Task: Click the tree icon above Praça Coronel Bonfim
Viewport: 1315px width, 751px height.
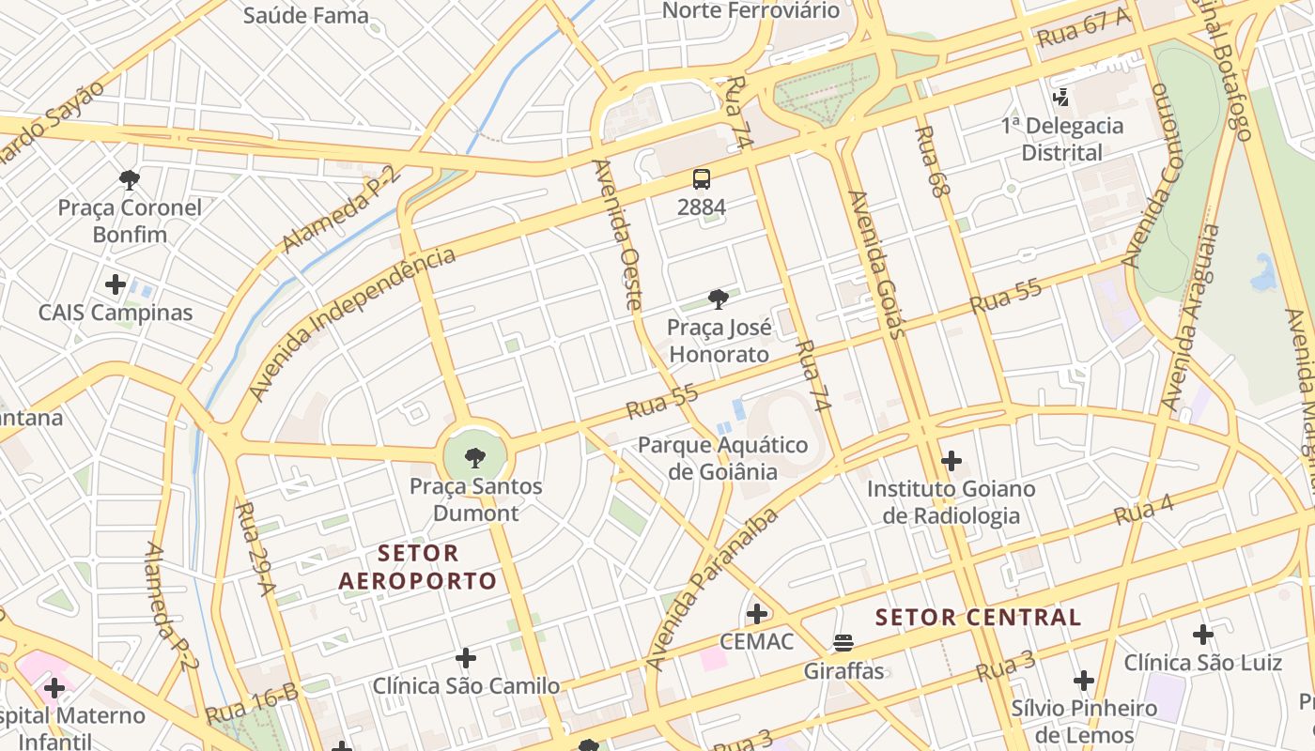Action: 130,179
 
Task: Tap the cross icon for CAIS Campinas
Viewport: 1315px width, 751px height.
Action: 116,284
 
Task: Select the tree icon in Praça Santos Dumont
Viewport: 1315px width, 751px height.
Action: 475,458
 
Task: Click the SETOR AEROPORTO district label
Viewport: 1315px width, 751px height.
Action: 417,567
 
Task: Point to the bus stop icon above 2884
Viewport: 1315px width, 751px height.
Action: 702,178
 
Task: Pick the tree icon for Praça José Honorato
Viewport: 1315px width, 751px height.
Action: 719,299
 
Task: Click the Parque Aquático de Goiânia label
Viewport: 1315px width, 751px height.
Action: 722,457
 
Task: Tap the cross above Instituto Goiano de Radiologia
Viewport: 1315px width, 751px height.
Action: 951,461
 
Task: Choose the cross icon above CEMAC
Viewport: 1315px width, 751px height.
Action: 756,614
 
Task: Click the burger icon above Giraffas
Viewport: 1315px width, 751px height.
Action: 843,643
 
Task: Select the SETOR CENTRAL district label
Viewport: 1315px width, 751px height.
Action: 978,617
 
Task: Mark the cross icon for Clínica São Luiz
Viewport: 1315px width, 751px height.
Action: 1203,635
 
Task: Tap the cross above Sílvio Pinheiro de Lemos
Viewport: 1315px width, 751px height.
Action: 1084,680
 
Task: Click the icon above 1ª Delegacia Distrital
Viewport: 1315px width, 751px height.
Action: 1061,97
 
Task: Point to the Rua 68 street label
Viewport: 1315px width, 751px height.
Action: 927,161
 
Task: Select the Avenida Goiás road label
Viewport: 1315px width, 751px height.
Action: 876,264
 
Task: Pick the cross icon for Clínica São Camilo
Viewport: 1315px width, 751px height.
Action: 465,657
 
